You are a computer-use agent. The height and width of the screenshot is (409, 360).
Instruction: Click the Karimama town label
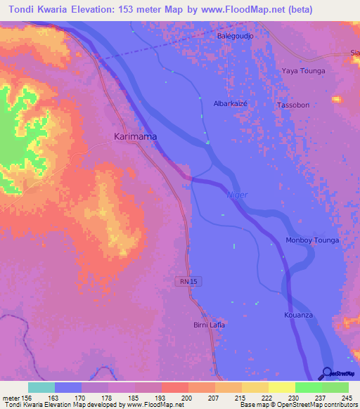click(x=135, y=137)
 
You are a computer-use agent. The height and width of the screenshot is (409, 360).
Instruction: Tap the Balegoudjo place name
click(x=235, y=36)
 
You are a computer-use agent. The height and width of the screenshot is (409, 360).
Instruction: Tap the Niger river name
click(x=237, y=195)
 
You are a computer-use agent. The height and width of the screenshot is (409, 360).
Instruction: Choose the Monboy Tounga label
click(x=312, y=240)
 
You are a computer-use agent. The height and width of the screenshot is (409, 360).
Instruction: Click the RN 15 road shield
click(x=184, y=280)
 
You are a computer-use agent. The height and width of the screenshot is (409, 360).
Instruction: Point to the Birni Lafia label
click(x=208, y=325)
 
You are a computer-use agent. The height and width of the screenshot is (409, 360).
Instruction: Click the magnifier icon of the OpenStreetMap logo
click(x=327, y=373)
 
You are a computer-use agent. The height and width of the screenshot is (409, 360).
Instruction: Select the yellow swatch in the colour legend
click(x=281, y=387)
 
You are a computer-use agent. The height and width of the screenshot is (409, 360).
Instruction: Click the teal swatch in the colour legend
click(x=41, y=387)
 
